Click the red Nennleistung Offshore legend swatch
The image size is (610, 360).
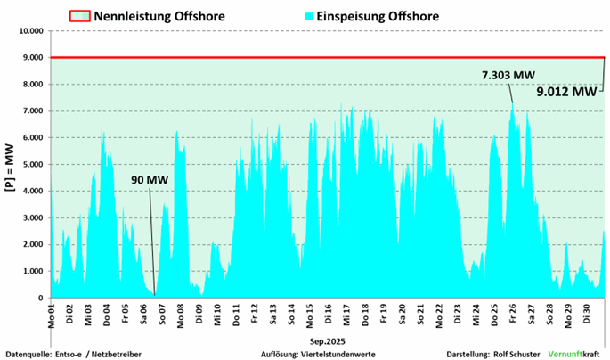79,15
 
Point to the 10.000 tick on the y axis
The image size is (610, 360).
29,31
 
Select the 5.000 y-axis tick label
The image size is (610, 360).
32,165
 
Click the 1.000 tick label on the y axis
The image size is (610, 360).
32,272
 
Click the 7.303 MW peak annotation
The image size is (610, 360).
508,75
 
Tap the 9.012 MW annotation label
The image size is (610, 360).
566,91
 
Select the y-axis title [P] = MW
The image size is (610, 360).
10,165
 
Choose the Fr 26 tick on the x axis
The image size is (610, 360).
513,315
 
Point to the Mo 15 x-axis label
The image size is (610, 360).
310,315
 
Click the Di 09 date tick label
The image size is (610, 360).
199,315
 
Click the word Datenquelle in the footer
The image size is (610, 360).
29,353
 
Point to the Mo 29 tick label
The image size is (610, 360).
568,315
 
